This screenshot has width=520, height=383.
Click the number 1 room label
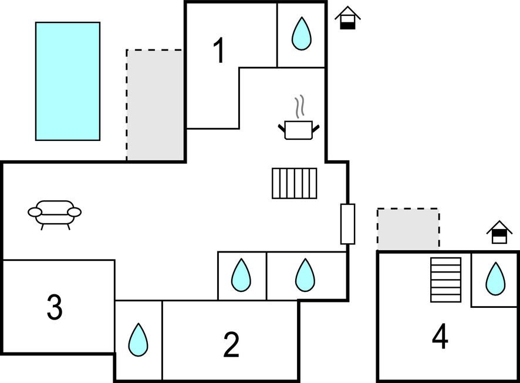(x=219, y=51)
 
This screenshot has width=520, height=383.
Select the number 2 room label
(x=231, y=345)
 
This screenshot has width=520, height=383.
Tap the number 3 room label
(x=55, y=307)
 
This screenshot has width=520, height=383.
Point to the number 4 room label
(x=440, y=337)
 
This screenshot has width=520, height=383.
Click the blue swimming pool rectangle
(x=67, y=81)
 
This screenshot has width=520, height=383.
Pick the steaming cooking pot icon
(x=299, y=129)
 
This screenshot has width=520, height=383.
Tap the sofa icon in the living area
(x=55, y=213)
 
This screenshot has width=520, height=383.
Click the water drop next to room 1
(x=302, y=33)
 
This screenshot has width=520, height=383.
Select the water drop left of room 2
(x=138, y=340)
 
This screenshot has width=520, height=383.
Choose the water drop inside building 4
(x=495, y=278)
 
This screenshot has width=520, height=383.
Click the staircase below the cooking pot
(x=294, y=183)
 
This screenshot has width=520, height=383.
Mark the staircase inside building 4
(x=445, y=280)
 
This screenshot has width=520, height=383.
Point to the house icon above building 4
(x=499, y=233)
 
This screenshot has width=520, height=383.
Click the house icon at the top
(x=347, y=18)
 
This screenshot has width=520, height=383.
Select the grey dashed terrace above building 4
(x=408, y=229)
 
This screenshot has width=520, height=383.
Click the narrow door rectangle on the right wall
(x=348, y=224)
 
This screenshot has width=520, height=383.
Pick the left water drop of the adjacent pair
(x=241, y=275)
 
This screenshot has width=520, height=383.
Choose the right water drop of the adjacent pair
(x=305, y=275)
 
